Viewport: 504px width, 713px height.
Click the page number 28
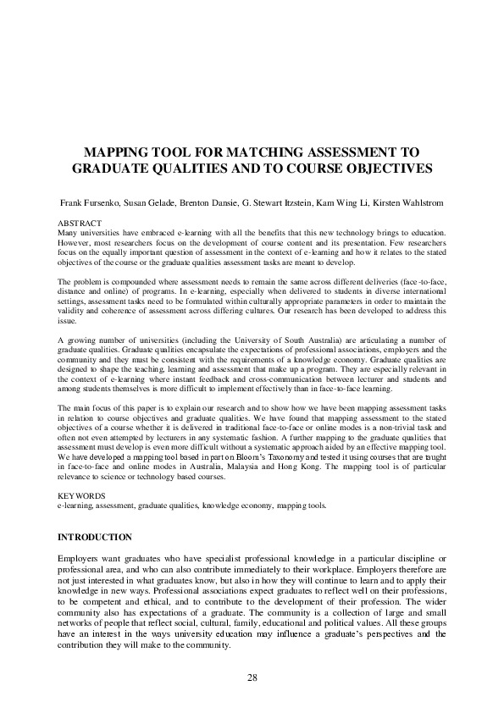pos(252,677)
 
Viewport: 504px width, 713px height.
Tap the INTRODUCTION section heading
pos(94,537)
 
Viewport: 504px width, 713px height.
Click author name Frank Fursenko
pos(86,204)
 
